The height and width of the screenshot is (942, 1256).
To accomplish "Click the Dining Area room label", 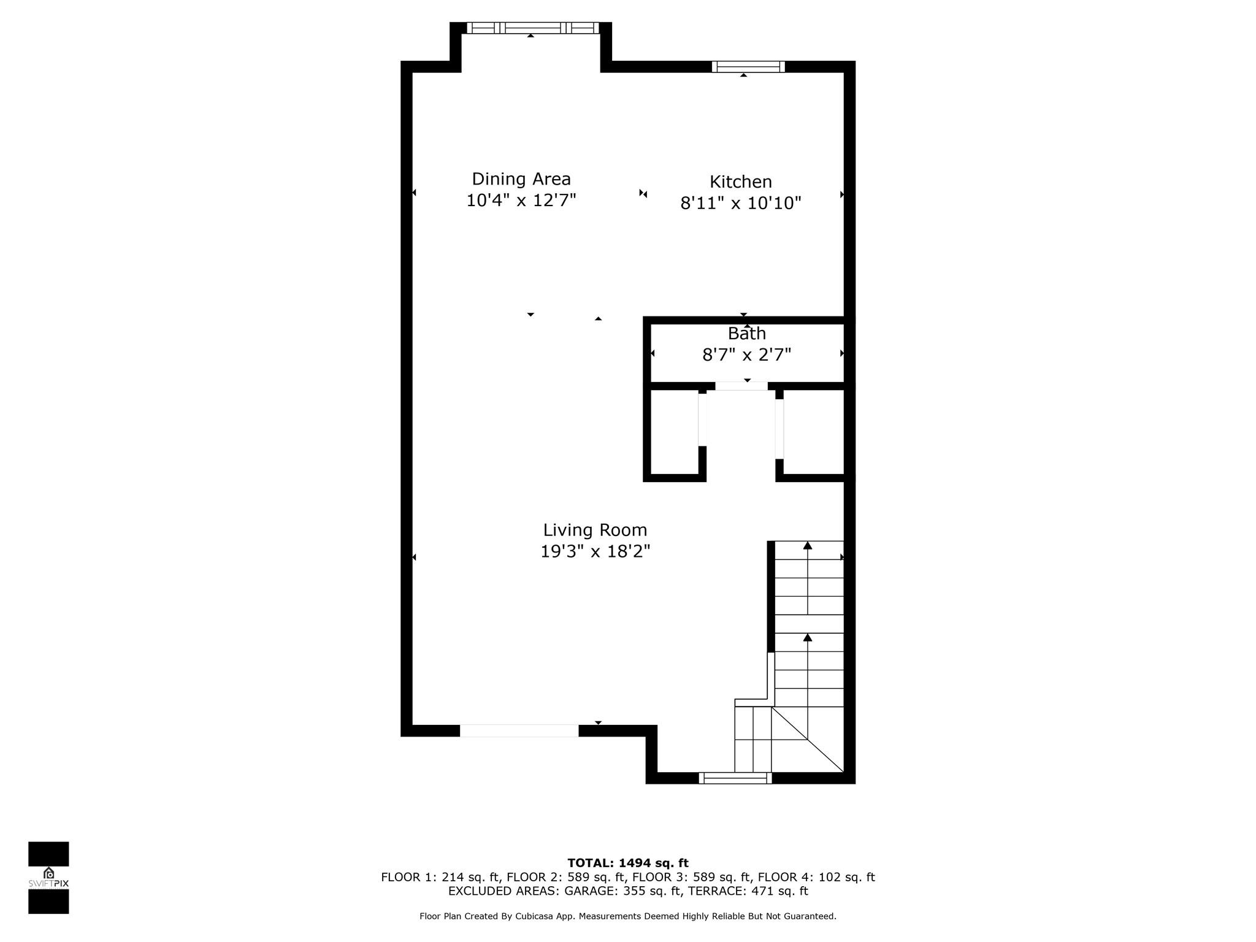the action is coord(521,179).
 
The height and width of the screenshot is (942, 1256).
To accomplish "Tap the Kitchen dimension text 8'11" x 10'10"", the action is coord(741,203).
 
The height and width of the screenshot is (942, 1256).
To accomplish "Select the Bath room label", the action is coord(746,334).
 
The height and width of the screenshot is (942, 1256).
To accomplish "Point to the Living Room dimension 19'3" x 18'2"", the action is coord(595,552).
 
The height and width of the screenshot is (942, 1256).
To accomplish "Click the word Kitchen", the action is coord(741,182).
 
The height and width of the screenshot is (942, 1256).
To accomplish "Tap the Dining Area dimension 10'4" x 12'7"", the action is coord(521,201).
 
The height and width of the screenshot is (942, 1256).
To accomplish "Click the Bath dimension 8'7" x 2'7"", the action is coord(746,355).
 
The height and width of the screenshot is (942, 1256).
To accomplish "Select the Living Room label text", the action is coord(595,530).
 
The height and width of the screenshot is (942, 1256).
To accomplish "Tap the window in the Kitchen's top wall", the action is coord(748,66).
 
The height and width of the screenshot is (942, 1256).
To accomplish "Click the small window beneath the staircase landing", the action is coord(735,778).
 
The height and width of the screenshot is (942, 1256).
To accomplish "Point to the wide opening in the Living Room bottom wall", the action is coord(519,730).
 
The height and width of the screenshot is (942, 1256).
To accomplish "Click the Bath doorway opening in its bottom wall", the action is coord(741,386).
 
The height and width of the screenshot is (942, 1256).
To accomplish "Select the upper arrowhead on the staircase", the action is coord(808,545).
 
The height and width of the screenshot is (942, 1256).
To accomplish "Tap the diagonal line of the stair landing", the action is coord(808,740).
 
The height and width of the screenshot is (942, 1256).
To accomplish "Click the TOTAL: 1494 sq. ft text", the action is coord(628,863).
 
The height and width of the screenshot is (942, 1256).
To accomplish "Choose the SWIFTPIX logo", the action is coord(48,878).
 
